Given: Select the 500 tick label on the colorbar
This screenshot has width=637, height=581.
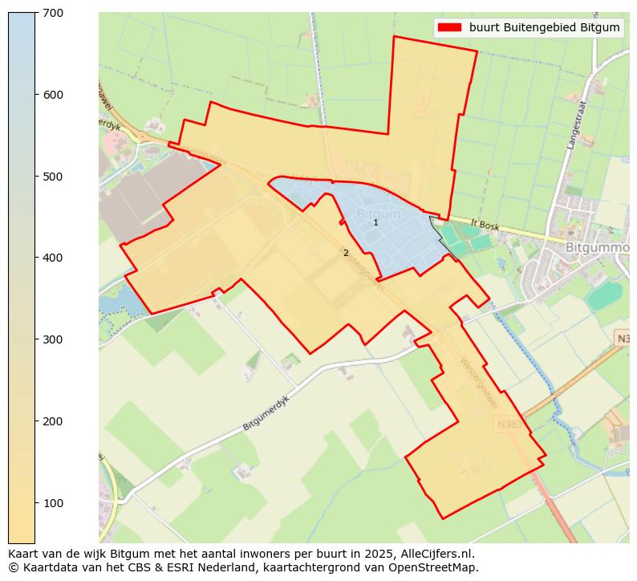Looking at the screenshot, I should click(54, 177).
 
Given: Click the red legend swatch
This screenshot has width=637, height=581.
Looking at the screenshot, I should click(449, 28).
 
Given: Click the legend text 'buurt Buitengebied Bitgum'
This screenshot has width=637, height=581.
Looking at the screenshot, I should click(544, 28).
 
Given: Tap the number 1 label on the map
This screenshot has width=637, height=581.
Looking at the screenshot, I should click(375, 222).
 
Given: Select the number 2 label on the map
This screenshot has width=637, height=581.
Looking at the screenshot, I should click(346, 253).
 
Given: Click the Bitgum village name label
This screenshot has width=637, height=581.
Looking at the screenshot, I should click(378, 214).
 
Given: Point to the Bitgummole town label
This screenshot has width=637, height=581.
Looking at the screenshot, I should click(597, 248).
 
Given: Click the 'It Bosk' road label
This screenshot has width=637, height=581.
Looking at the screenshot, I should click(484, 227).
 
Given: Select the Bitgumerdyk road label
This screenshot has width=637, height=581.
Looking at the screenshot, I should click(266, 412).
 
